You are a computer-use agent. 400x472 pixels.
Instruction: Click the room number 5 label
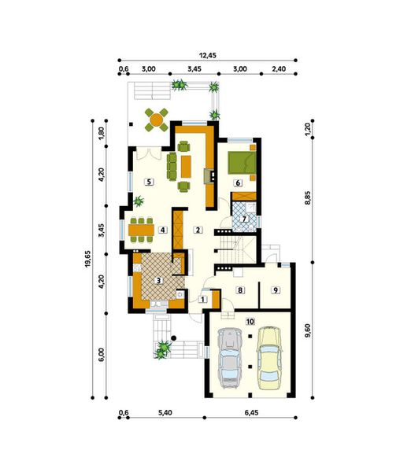[148, 182]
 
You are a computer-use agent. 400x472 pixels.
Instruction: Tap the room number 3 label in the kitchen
[158, 279]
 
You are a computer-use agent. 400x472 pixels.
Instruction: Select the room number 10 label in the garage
[250, 321]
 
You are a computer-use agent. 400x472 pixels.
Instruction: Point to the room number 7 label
[245, 218]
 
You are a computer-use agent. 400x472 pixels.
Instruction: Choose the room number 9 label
[275, 290]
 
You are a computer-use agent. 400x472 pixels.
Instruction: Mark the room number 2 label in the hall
[199, 230]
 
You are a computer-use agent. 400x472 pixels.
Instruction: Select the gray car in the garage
[228, 360]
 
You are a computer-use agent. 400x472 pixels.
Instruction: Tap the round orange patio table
[157, 120]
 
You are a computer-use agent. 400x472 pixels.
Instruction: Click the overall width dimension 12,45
[208, 55]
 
